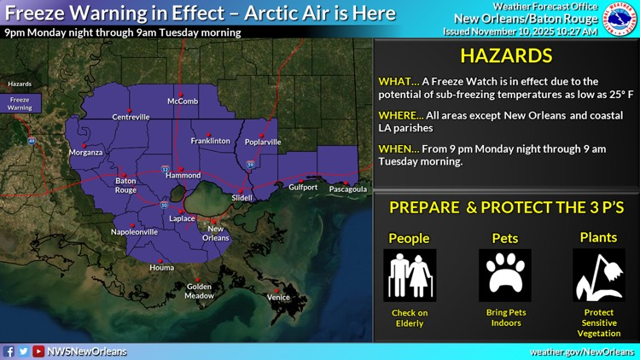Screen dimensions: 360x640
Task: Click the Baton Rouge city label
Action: click(126, 185)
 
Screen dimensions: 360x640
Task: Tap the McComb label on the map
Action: click(183, 102)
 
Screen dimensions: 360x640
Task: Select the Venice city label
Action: click(278, 297)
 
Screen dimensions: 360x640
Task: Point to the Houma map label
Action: click(161, 268)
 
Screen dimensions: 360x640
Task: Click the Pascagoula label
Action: click(348, 189)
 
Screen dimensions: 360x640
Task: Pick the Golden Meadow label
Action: click(200, 291)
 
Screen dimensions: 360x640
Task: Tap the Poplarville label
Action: click(263, 142)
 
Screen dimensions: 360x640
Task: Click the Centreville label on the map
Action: click(131, 117)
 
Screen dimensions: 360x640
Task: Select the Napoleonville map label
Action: click(135, 231)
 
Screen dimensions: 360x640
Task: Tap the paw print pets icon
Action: click(505, 276)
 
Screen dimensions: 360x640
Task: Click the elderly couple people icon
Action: click(410, 276)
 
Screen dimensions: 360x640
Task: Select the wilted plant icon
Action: click(599, 276)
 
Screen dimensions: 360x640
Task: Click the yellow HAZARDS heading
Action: click(506, 57)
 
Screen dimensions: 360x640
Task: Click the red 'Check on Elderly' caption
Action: click(410, 318)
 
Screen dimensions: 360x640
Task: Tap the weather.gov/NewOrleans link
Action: click(583, 351)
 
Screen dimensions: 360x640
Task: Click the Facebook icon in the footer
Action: click(9, 351)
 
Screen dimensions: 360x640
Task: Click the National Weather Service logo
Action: click(620, 18)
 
